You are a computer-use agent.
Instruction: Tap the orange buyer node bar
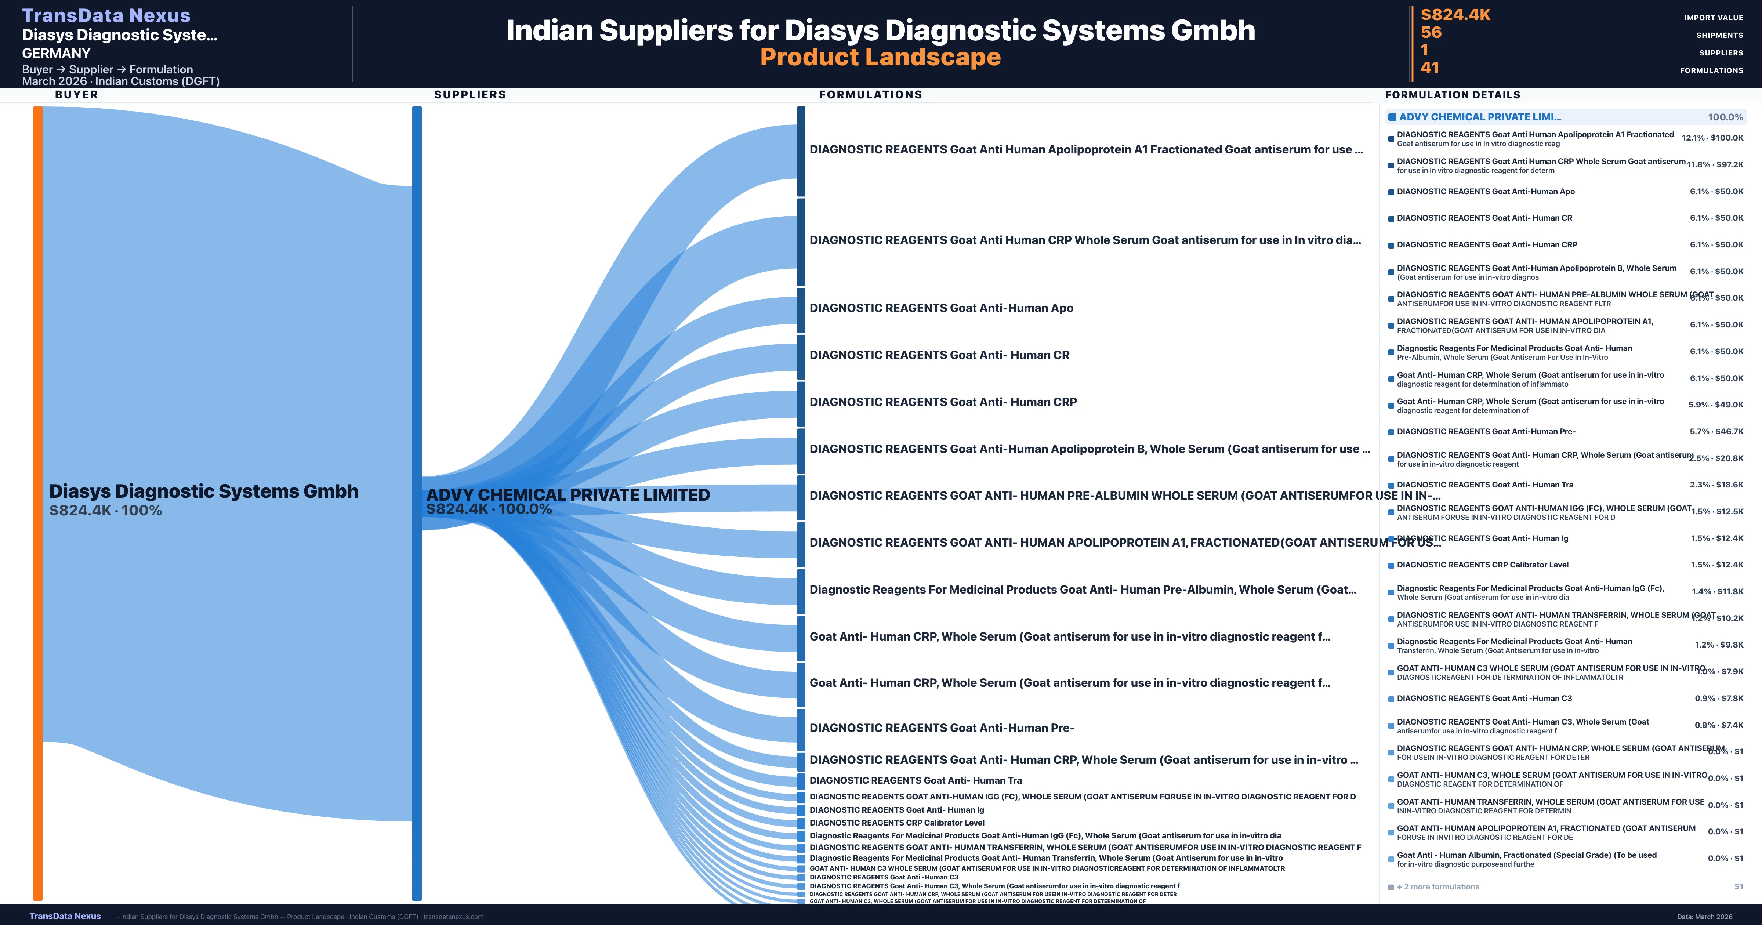tap(37, 503)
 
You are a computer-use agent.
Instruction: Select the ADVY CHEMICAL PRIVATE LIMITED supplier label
tap(568, 495)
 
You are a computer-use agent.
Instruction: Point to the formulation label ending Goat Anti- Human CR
tap(939, 355)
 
